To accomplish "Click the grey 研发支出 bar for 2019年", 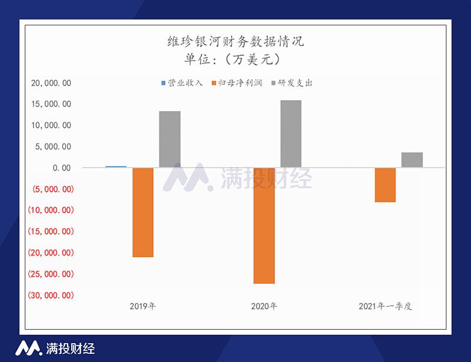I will (170, 140).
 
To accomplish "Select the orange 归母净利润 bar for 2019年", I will (143, 212).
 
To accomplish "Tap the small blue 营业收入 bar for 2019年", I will (116, 167).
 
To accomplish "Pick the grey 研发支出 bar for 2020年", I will (291, 134).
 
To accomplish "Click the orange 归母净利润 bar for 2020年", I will (264, 225).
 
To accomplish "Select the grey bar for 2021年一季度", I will (412, 160).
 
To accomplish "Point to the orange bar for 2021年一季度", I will (386, 185).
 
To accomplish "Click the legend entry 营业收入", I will (182, 83).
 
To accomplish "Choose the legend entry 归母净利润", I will (240, 83).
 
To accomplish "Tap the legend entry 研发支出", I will (293, 83).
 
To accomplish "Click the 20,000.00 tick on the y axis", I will (51, 83).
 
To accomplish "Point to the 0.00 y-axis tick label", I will (61, 168).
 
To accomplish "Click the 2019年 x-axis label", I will (143, 307).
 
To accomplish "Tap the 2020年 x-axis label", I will (264, 307).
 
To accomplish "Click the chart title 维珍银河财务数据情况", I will (235, 42).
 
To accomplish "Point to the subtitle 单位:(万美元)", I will (235, 59).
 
